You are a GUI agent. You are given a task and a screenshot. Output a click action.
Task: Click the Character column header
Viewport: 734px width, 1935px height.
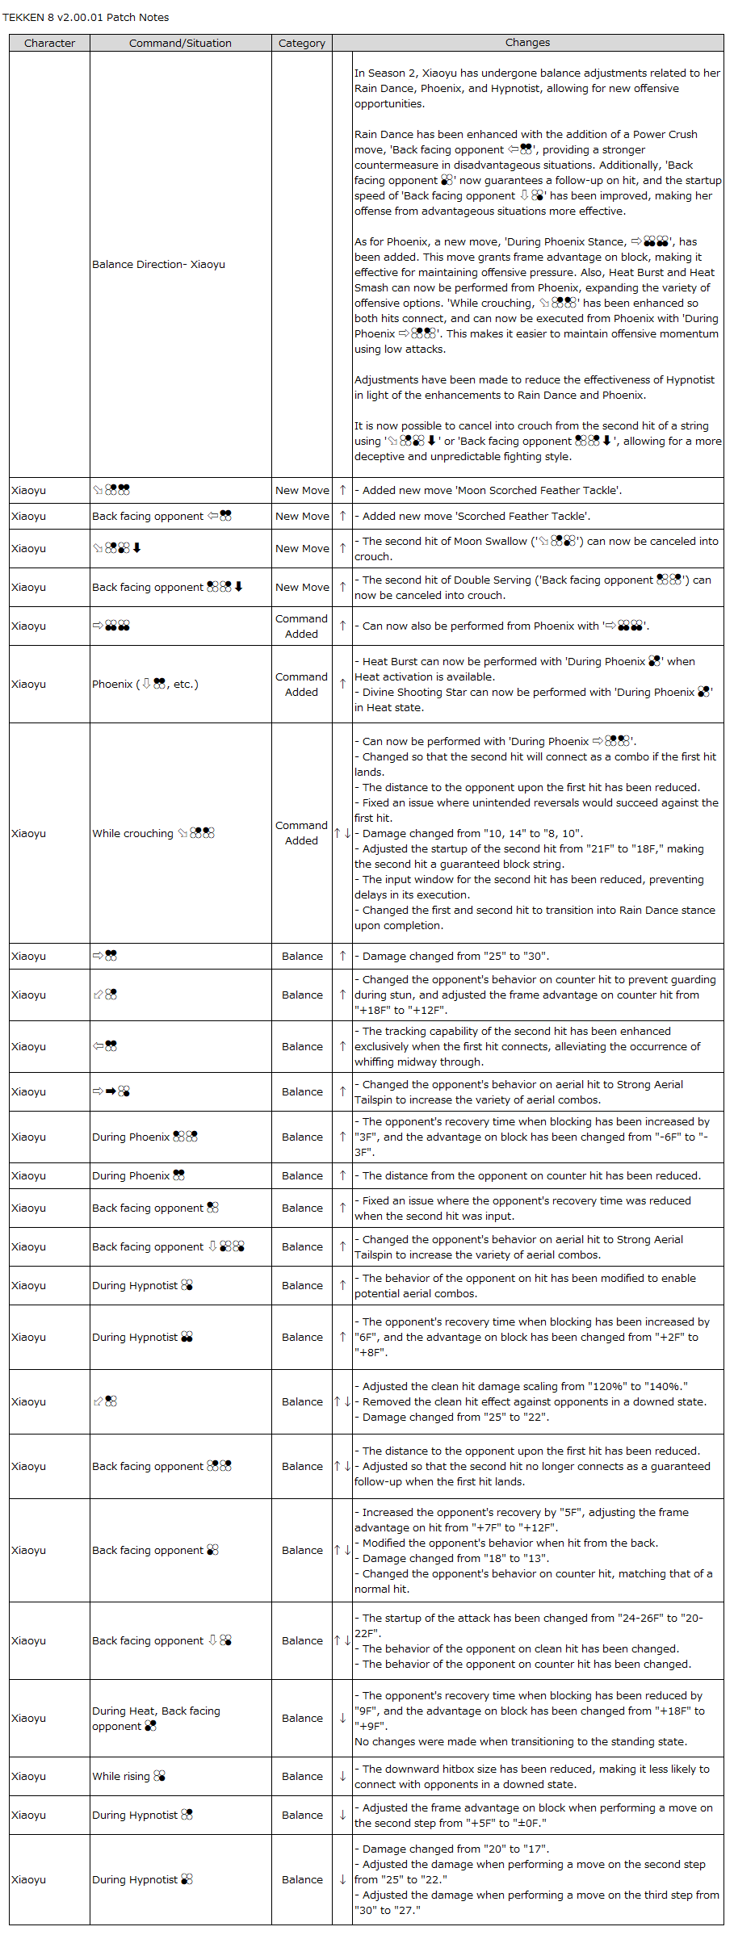click(x=49, y=43)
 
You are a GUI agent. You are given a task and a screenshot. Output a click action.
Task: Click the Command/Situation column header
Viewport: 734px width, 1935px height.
click(x=180, y=43)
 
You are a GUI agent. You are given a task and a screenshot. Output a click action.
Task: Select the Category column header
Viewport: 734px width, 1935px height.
click(x=302, y=43)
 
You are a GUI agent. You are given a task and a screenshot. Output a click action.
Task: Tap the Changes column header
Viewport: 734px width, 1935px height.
click(x=527, y=43)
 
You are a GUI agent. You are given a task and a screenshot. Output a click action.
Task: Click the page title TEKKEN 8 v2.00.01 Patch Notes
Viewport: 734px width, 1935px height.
click(x=86, y=17)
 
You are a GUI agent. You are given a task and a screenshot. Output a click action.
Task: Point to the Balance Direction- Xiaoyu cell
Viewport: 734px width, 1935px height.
click(x=158, y=265)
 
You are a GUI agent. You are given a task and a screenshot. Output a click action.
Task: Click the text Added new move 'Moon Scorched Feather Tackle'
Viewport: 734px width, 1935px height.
click(x=492, y=490)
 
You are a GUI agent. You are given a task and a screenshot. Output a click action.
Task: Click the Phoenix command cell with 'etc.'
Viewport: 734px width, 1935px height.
click(x=145, y=684)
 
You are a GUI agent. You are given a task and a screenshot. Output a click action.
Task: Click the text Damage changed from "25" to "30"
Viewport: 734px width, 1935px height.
click(x=455, y=956)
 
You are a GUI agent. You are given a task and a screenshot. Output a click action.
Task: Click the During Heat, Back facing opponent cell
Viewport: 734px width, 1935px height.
click(x=156, y=1719)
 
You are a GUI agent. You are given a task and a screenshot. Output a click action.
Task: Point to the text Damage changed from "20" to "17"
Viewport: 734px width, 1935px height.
click(x=455, y=1849)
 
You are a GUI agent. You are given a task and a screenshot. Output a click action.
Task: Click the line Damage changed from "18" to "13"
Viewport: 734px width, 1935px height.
click(x=455, y=1558)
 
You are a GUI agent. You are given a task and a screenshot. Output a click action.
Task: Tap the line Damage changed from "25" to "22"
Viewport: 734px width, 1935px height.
click(x=455, y=1417)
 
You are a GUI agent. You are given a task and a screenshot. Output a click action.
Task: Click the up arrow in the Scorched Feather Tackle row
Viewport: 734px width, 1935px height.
click(x=342, y=516)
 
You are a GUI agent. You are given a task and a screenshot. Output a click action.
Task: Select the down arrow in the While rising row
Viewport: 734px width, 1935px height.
click(x=342, y=1776)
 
